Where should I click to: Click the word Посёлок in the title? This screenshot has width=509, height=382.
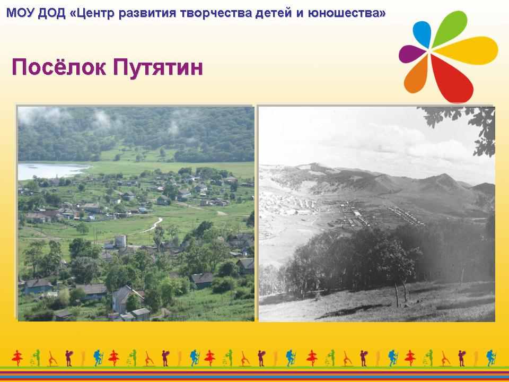(59, 67)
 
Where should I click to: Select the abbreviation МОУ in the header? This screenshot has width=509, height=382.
(20, 13)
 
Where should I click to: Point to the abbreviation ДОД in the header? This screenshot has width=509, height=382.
(51, 14)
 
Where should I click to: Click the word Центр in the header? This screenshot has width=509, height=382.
(90, 14)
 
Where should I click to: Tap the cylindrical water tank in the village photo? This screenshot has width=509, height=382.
(120, 241)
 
